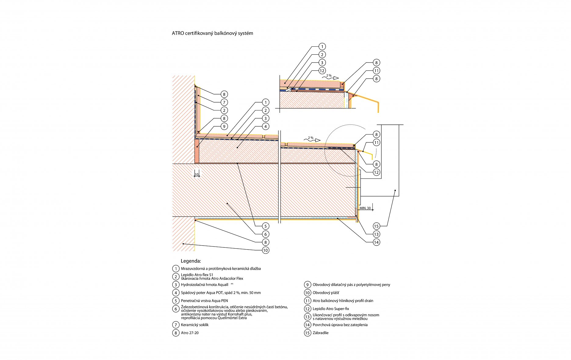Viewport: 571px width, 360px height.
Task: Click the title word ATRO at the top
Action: [178, 33]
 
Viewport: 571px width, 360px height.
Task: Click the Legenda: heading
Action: [191, 261]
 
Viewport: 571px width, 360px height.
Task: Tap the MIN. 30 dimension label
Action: [365, 208]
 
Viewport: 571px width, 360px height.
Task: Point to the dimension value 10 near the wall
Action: [197, 175]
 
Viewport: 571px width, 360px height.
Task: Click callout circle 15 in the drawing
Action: [376, 226]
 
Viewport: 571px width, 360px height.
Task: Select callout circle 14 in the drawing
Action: [376, 242]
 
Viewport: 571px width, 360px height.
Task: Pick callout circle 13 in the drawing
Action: [376, 234]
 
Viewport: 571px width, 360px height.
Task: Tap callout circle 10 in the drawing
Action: [266, 250]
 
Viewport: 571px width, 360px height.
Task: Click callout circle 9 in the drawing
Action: [224, 126]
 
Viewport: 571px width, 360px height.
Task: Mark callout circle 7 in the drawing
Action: [224, 102]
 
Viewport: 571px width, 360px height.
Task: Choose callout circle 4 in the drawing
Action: [266, 126]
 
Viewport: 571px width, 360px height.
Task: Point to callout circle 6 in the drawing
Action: [266, 234]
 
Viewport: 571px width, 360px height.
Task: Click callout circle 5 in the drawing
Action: [266, 226]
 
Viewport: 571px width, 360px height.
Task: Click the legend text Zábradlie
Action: [321, 333]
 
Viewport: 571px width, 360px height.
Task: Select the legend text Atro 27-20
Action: [190, 333]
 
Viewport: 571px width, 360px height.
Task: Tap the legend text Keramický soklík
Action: [195, 325]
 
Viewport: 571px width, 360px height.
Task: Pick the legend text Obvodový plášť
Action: [326, 293]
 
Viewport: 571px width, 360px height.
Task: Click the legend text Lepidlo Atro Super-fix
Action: [331, 309]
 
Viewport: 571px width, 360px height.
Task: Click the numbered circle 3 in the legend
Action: [175, 285]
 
